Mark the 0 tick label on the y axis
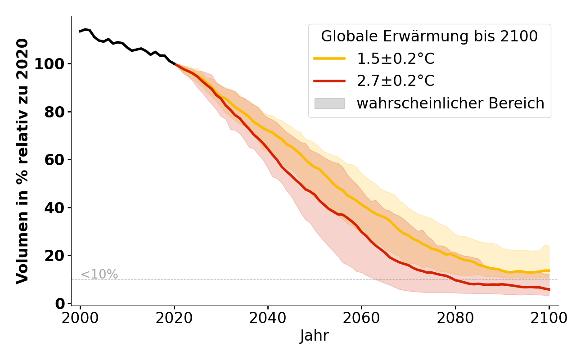(x=59, y=304)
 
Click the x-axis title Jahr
(x=314, y=336)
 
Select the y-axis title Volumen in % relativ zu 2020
(x=22, y=161)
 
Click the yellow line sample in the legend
(x=329, y=58)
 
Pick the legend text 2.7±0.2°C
(x=396, y=81)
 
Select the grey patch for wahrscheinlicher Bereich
(x=329, y=103)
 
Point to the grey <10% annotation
(x=99, y=274)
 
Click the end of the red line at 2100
(x=549, y=289)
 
